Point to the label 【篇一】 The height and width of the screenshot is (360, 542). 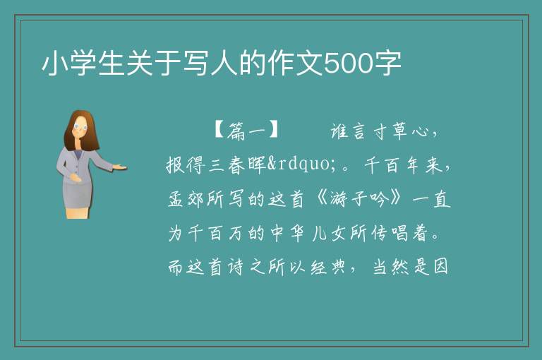pos(246,131)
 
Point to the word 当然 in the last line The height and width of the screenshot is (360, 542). pos(390,267)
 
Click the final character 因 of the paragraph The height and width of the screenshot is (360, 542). pos(440,267)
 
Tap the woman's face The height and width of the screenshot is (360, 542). pos(81,127)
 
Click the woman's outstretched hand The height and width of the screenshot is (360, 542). pos(120,167)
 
